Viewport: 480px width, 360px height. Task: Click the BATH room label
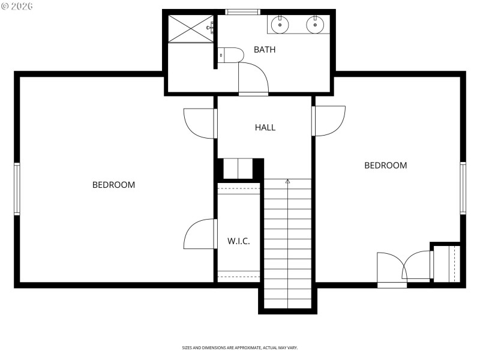click(265, 50)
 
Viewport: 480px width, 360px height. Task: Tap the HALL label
click(265, 127)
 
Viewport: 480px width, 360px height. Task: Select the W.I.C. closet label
click(238, 241)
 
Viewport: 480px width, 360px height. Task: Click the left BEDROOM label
click(113, 185)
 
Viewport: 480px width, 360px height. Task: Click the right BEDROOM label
click(386, 166)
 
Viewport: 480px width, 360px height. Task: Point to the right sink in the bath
click(315, 25)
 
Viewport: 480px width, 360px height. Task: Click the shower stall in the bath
click(190, 28)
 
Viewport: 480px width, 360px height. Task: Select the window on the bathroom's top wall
click(243, 11)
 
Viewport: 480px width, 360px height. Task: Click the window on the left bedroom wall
click(17, 189)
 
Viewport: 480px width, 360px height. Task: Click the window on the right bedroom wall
click(463, 188)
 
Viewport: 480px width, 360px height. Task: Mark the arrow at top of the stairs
click(287, 181)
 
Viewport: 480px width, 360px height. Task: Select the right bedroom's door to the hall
click(329, 121)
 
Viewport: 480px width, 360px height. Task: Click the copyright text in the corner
click(17, 5)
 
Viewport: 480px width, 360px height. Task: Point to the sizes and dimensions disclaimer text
click(240, 347)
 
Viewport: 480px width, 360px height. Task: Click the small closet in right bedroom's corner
click(446, 263)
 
